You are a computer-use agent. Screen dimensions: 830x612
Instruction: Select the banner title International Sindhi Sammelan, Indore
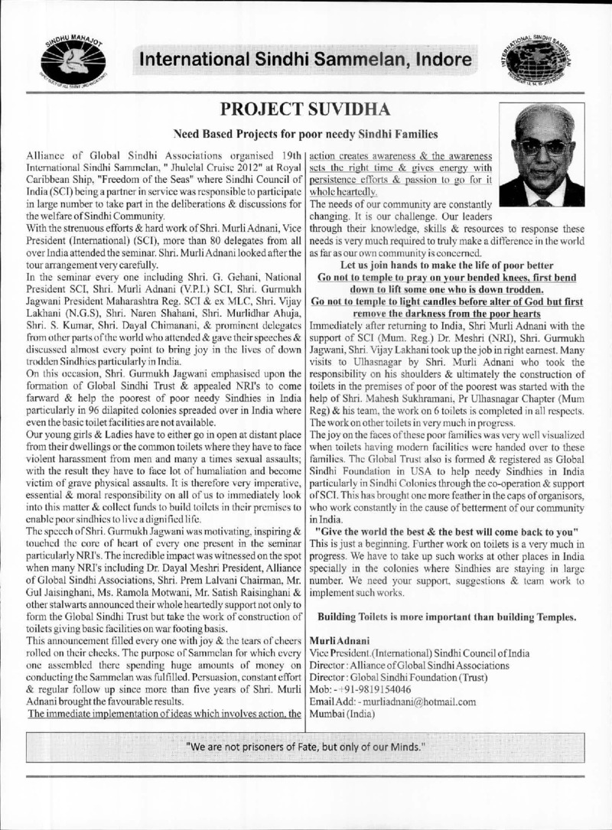pyautogui.click(x=304, y=59)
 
